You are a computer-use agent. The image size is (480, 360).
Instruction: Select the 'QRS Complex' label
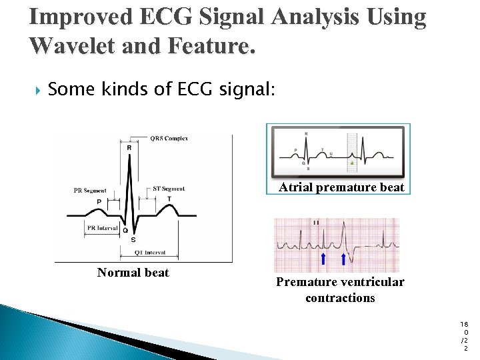coord(169,139)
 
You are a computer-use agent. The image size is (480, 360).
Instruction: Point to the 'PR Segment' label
coord(89,191)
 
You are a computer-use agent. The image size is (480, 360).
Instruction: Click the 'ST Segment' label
coord(169,189)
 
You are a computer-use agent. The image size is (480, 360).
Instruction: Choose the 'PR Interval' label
coord(103,227)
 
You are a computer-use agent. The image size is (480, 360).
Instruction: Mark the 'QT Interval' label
coord(149,253)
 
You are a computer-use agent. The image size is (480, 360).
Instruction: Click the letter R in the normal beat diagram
coord(129,148)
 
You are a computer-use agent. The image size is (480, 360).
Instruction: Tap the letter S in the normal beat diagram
coord(133,239)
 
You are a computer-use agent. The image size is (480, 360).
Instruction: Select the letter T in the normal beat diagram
coord(169,199)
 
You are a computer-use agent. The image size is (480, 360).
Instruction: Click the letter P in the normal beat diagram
coord(99,201)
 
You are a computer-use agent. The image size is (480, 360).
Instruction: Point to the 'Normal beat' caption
coord(133,273)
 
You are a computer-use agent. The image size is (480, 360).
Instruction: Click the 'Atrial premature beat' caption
coord(341,187)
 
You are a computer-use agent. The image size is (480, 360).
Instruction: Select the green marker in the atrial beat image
coord(351,163)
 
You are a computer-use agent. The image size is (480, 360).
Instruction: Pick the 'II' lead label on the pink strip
coord(316,223)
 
